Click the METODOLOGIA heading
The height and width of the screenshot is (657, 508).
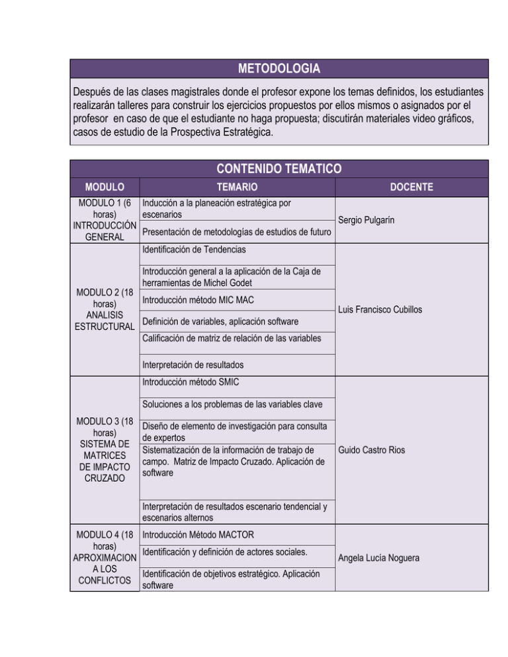pyautogui.click(x=278, y=69)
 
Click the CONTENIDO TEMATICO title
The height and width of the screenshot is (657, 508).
pyautogui.click(x=278, y=168)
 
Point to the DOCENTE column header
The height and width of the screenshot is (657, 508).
pyautogui.click(x=411, y=187)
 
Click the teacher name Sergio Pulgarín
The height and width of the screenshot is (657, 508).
pyautogui.click(x=369, y=219)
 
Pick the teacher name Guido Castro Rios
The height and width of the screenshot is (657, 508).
pyautogui.click(x=372, y=451)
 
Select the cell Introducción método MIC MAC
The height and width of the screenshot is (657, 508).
pyautogui.click(x=190, y=299)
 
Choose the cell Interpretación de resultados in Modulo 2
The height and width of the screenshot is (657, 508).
pyautogui.click(x=192, y=365)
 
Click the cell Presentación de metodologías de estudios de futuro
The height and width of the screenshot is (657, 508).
pyautogui.click(x=236, y=231)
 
